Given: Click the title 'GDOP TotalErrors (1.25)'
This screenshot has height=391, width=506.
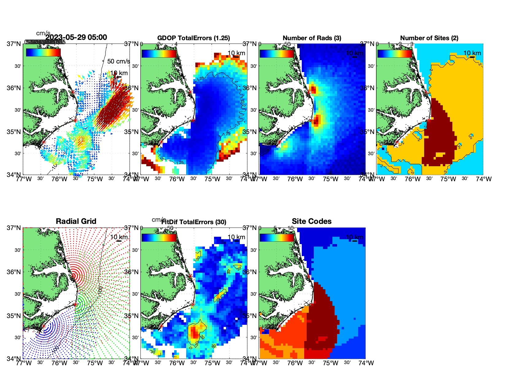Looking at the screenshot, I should (x=194, y=38).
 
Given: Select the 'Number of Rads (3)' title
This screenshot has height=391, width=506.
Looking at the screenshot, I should (x=312, y=38).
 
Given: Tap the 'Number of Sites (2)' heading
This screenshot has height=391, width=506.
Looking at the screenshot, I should (x=429, y=38).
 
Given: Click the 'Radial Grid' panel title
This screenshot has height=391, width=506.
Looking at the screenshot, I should (x=76, y=221).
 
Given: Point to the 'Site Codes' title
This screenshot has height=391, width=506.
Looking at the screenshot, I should (x=312, y=221).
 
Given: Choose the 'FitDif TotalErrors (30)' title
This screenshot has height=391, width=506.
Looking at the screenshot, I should (x=194, y=222).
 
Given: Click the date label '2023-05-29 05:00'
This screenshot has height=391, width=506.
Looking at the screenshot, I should (x=76, y=37).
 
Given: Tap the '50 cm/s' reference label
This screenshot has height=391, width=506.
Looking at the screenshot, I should (x=118, y=61).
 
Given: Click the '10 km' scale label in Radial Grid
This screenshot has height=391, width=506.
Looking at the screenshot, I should (x=119, y=237).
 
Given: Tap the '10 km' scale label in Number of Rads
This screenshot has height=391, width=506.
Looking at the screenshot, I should (x=355, y=53).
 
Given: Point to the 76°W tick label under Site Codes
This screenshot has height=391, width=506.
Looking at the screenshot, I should (x=295, y=363).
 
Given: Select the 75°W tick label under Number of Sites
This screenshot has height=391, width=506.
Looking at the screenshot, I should (x=448, y=179).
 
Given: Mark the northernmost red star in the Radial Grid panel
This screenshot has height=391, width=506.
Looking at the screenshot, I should (x=73, y=276).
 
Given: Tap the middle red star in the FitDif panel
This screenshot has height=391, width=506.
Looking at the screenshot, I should (x=193, y=305).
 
